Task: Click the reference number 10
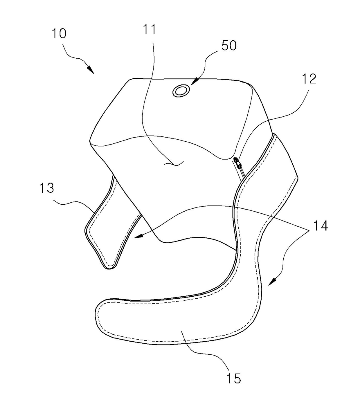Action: click(59, 33)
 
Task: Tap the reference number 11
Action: click(150, 29)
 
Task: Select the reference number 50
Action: click(229, 46)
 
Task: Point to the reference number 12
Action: click(309, 79)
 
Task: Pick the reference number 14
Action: click(320, 226)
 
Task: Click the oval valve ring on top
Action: click(181, 91)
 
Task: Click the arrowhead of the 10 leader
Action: click(91, 70)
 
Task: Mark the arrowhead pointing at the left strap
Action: click(138, 236)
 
